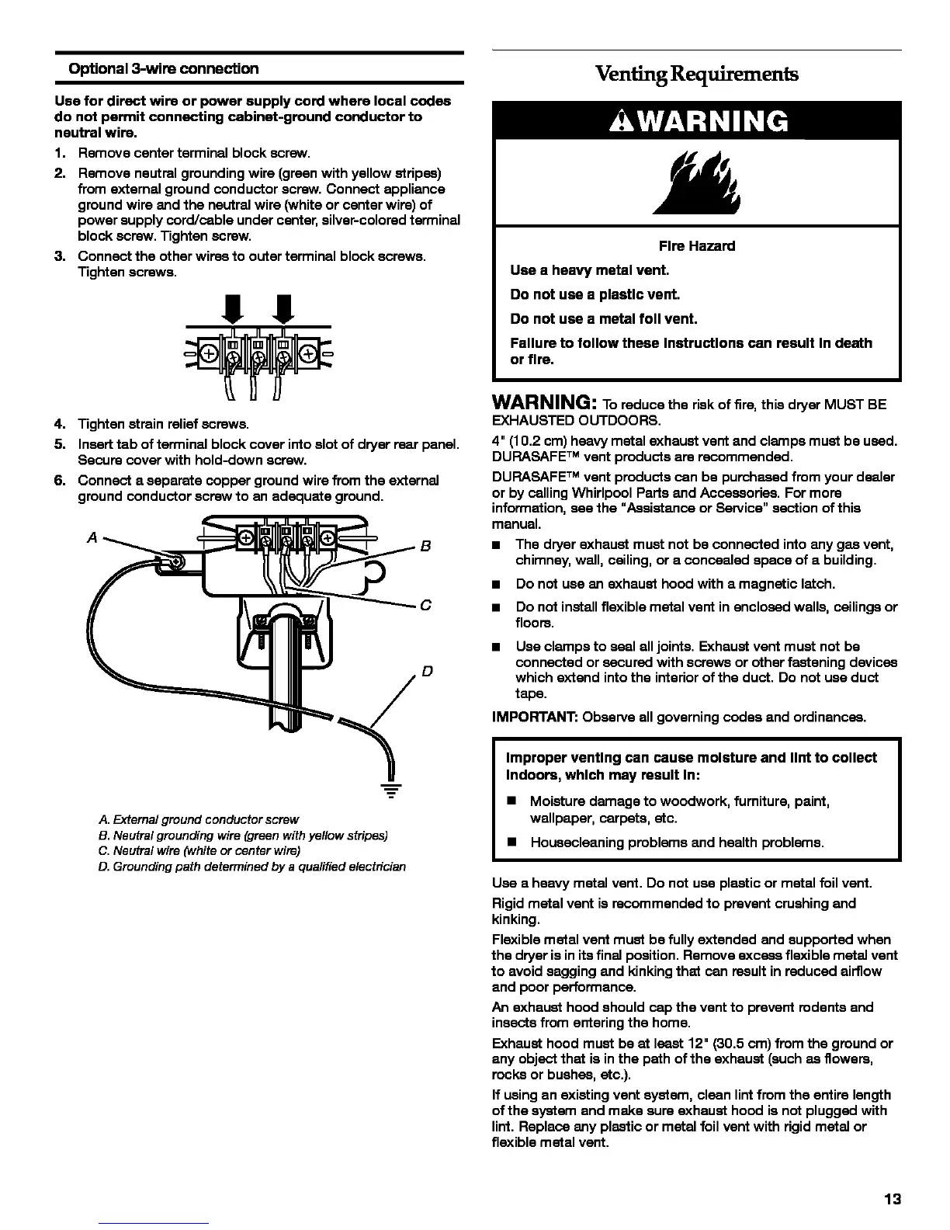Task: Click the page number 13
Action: (893, 1199)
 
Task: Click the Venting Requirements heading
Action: (696, 74)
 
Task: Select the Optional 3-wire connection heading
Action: (164, 69)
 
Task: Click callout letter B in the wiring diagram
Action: (425, 546)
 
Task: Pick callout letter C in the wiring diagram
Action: (425, 606)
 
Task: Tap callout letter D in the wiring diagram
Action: (427, 671)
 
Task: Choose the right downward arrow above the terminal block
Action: (283, 309)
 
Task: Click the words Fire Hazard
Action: (696, 246)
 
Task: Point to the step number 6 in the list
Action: (59, 481)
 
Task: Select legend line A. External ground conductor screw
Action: (199, 819)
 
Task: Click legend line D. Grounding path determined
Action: (252, 866)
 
